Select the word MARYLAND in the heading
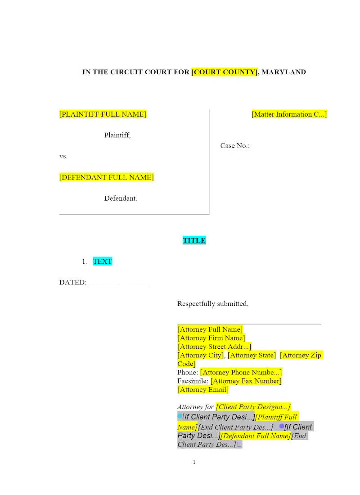click(283, 72)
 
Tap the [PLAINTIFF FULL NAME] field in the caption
click(103, 114)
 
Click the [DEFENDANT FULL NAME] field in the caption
click(106, 177)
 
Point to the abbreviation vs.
click(63, 157)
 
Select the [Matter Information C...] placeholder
click(289, 114)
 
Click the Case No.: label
click(235, 146)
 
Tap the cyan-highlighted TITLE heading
click(194, 241)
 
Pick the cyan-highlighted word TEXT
click(102, 261)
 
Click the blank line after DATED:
click(118, 283)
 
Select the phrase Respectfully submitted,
click(213, 304)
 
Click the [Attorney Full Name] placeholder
click(210, 329)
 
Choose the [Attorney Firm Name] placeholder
click(211, 338)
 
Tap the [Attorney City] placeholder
click(201, 355)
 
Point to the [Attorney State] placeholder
click(252, 355)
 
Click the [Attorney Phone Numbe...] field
click(241, 373)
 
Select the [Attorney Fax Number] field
click(246, 381)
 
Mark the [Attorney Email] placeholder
click(203, 390)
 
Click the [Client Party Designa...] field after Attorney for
click(253, 407)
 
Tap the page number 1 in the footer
click(194, 462)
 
